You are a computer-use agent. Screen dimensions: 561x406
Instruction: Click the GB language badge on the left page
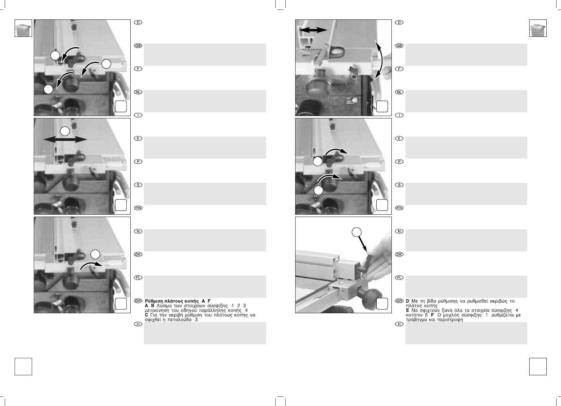click(x=138, y=46)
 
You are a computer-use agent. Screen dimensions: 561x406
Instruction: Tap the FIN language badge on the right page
click(x=399, y=208)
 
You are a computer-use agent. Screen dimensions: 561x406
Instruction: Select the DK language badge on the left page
click(x=138, y=255)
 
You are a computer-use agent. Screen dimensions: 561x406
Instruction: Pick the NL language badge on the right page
click(x=399, y=92)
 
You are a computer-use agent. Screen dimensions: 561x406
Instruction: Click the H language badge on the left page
click(x=138, y=324)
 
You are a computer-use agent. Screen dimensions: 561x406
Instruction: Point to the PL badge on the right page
click(x=399, y=277)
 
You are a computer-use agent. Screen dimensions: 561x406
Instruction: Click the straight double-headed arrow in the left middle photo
click(x=65, y=140)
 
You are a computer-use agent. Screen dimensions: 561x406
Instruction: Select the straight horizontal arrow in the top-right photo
click(x=313, y=30)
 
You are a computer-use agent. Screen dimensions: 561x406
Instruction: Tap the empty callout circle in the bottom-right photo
click(x=357, y=232)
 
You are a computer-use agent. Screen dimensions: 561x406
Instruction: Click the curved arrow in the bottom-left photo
click(x=92, y=265)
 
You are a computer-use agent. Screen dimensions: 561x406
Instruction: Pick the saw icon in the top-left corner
click(x=23, y=28)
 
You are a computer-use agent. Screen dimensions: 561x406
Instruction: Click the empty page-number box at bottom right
click(x=538, y=366)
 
